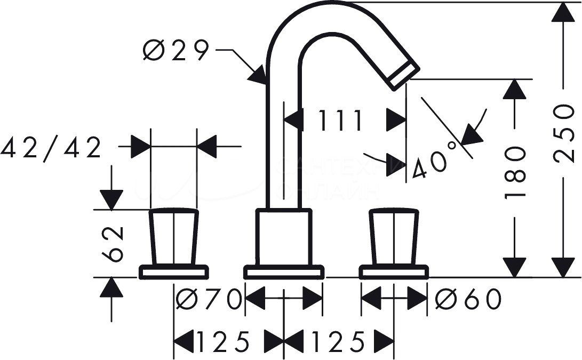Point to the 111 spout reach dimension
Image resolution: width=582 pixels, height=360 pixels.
coord(341,121)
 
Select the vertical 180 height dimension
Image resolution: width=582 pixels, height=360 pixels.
coord(515,172)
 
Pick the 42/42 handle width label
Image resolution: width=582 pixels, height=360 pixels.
coord(51,148)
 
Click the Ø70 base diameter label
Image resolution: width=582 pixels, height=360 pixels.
coord(208,299)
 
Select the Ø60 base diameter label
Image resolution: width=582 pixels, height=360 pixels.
coord(468,299)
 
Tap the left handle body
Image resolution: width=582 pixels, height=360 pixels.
coord(174,237)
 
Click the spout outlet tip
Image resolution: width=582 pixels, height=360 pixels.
coord(404,74)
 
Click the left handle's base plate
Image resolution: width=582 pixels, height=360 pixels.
coord(174,272)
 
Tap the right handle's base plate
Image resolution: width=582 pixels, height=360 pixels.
coord(394,272)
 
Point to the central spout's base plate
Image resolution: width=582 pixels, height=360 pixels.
coord(284,272)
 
